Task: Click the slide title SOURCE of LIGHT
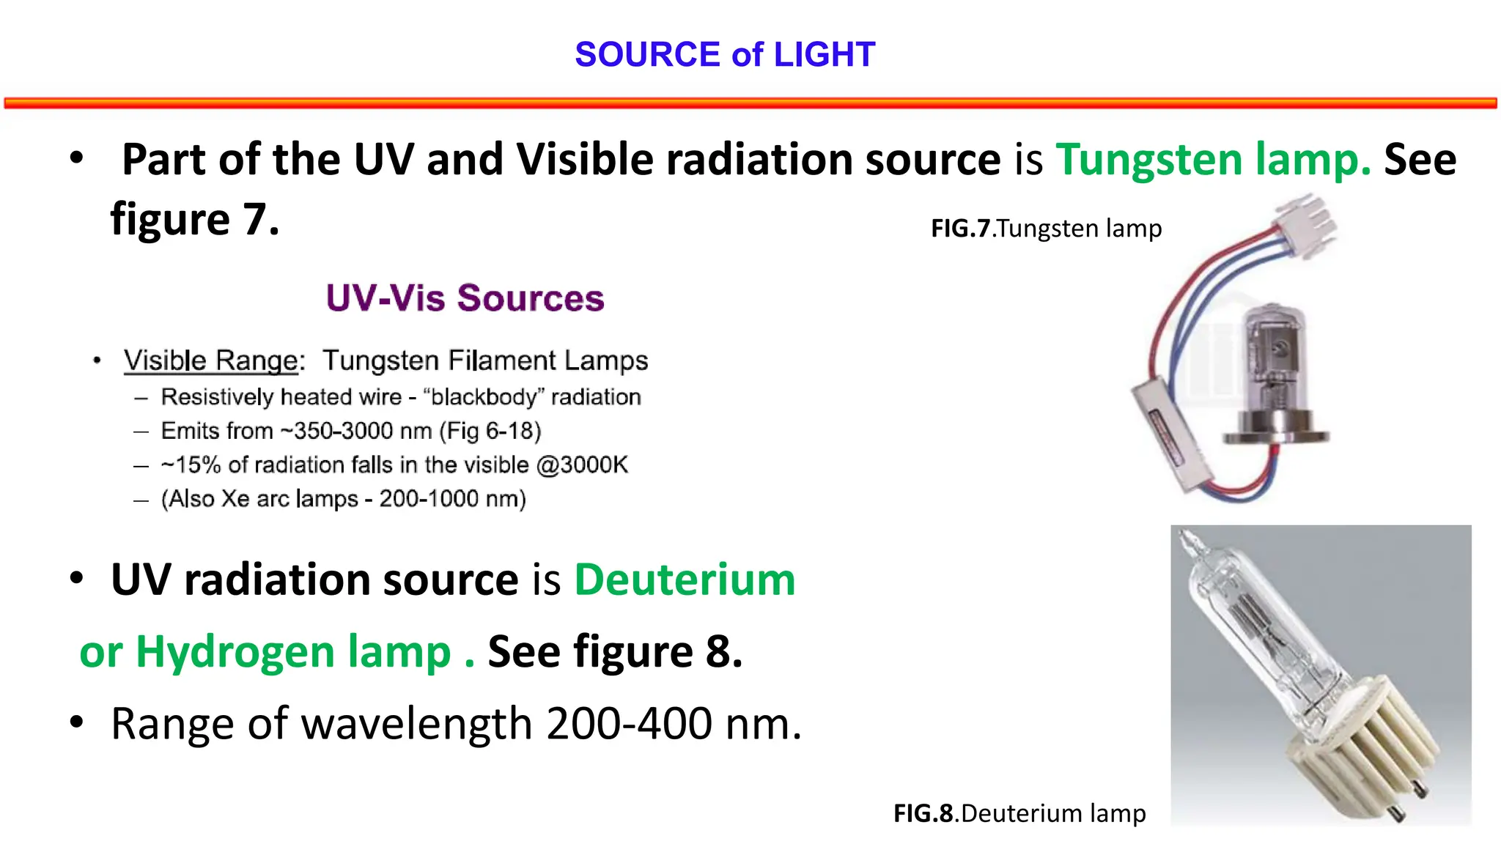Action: (x=725, y=55)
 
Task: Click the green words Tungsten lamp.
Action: (x=1213, y=160)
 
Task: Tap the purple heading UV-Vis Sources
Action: (x=465, y=298)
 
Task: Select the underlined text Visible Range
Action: (x=211, y=360)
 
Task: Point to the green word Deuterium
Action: (x=685, y=580)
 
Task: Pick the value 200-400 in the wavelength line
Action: (x=629, y=724)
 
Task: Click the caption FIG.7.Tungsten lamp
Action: (x=1046, y=229)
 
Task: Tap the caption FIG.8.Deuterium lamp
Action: (x=1019, y=813)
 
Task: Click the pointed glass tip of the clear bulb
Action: (x=1186, y=543)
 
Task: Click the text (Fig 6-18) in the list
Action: (x=490, y=432)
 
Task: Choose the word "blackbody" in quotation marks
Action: (x=484, y=397)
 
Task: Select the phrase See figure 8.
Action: (x=615, y=652)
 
